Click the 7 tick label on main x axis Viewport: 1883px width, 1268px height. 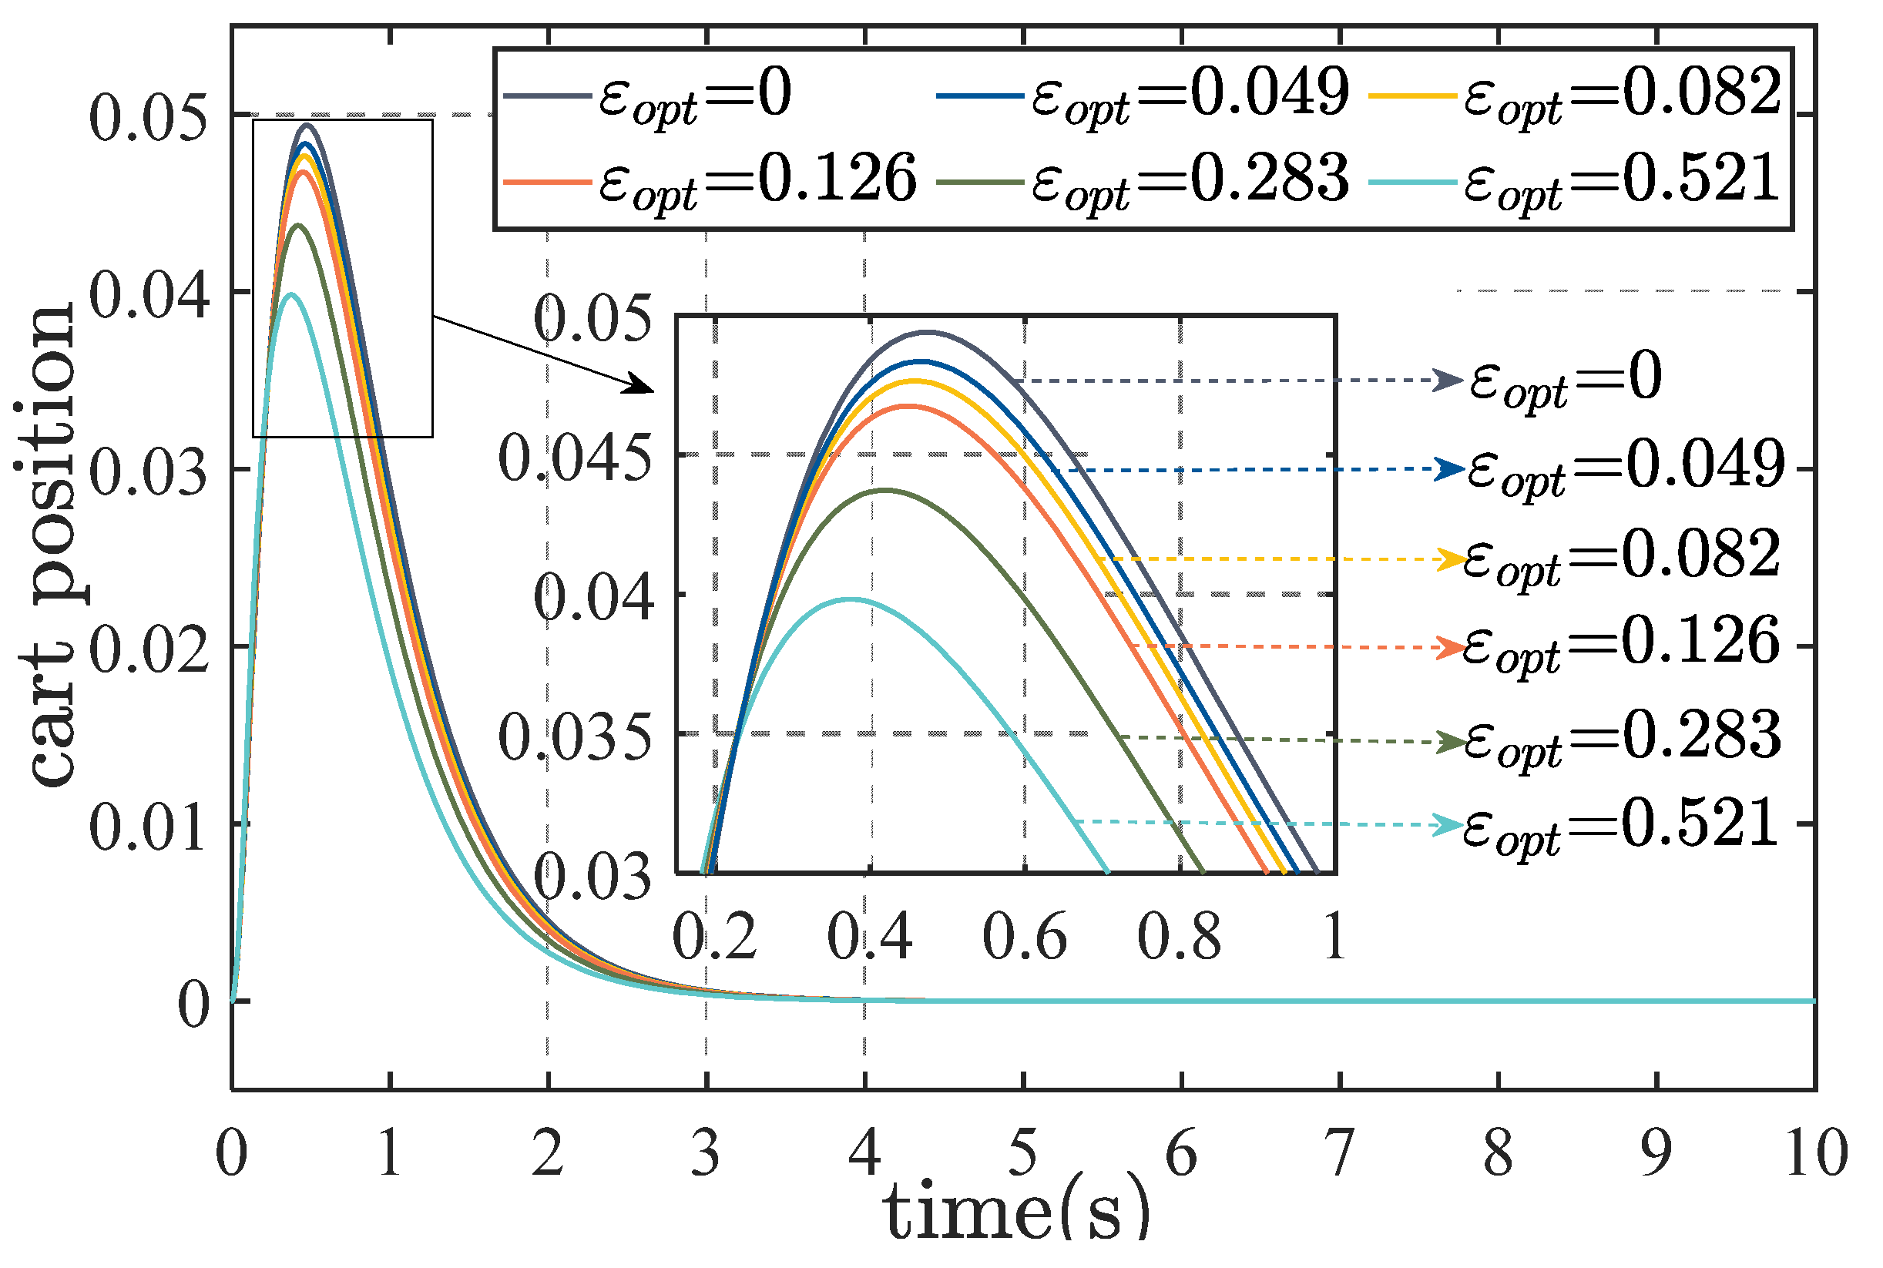point(1340,1153)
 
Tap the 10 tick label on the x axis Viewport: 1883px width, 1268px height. point(1817,1153)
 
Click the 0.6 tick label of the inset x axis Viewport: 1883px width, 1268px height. point(1024,937)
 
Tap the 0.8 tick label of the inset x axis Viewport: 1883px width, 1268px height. point(1180,937)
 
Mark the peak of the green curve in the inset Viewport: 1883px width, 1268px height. point(886,489)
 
